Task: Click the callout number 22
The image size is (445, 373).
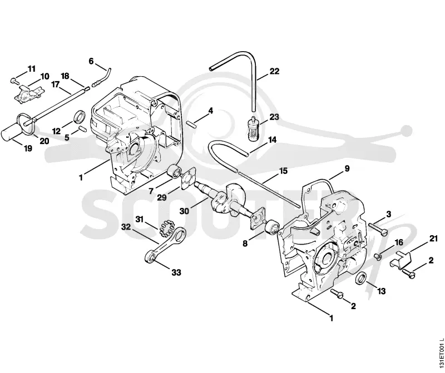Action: coord(274,71)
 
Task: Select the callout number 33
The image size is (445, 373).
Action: coord(176,272)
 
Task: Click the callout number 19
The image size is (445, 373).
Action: coord(28,148)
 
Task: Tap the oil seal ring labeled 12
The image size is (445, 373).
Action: coord(79,116)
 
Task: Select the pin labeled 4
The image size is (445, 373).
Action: coord(191,123)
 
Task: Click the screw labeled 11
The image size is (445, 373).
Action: coord(14,81)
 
